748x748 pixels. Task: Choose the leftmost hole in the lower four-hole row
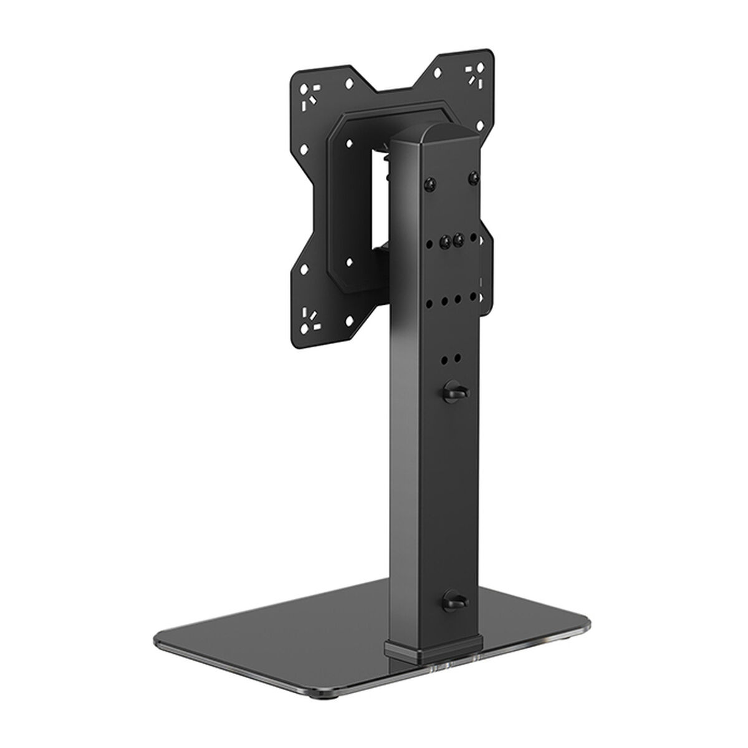(431, 303)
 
